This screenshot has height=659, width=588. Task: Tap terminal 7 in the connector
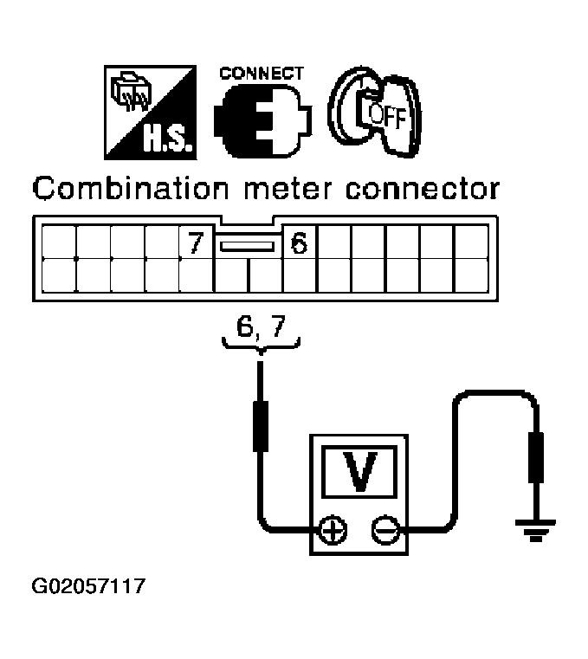194,242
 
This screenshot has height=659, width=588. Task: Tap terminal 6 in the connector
299,242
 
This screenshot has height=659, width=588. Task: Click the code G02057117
87,589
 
